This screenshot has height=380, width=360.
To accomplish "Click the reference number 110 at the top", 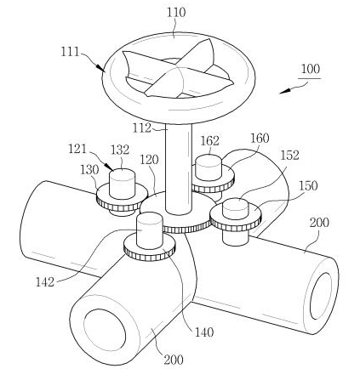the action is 176,13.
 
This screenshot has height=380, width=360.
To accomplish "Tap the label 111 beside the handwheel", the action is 70,52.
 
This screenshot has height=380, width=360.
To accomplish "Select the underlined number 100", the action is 311,69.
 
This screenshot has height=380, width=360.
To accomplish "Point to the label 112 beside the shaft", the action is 142,128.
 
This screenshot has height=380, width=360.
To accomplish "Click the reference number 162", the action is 210,141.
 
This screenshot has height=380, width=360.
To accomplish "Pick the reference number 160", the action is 260,138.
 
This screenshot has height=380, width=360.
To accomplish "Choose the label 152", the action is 290,155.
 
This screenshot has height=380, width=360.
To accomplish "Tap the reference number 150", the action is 308,186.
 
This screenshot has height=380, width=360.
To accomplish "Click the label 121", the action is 77,149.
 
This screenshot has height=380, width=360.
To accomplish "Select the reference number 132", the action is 120,150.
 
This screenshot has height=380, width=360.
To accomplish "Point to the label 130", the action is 89,170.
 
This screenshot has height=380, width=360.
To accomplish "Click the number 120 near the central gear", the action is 149,160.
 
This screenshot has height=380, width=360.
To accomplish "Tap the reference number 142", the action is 45,282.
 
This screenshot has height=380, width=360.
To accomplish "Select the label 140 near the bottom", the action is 204,332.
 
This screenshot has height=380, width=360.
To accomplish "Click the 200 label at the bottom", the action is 174,360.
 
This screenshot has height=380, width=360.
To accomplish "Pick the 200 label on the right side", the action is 319,223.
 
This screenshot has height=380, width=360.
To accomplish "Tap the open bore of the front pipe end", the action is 105,332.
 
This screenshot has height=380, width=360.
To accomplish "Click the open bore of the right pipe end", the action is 321,296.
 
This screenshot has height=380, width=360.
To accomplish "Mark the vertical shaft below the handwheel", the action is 179,168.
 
